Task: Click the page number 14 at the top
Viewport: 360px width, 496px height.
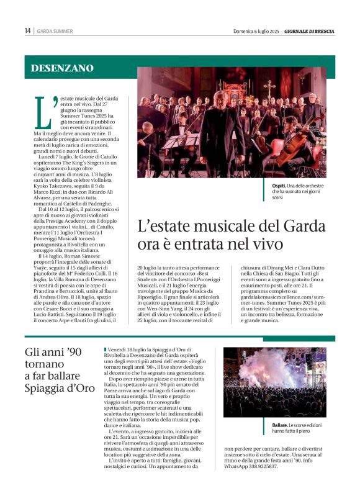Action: click(x=27, y=30)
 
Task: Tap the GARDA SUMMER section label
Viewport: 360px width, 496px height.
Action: click(x=55, y=30)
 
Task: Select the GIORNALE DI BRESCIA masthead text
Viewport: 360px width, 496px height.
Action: click(x=309, y=30)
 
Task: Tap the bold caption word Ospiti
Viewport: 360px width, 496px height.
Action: click(x=279, y=186)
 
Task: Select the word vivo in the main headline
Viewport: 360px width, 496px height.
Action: click(x=264, y=245)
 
